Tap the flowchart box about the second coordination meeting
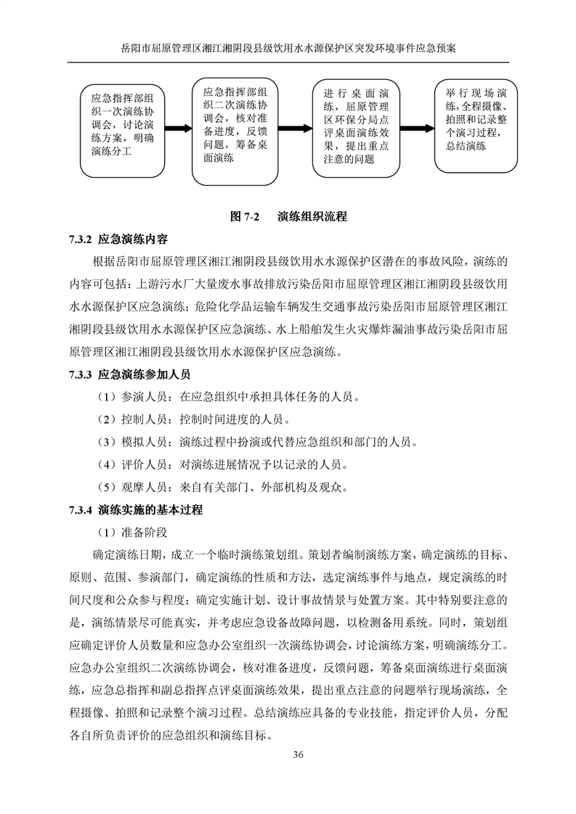[x=236, y=131]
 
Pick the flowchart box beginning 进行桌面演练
[x=356, y=131]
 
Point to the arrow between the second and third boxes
[x=296, y=131]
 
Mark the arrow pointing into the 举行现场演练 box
[x=416, y=131]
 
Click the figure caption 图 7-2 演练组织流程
[x=288, y=216]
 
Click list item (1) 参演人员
[x=227, y=398]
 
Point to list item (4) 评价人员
[x=227, y=464]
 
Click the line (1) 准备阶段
[x=131, y=533]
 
